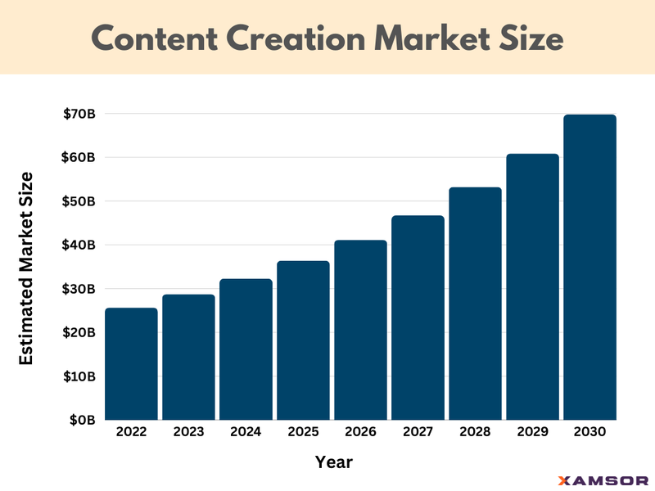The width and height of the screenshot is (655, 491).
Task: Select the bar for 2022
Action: point(131,364)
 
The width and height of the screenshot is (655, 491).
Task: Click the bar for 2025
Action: point(303,340)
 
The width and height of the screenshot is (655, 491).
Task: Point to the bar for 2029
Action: point(532,286)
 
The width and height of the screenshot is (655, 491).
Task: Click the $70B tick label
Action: point(79,114)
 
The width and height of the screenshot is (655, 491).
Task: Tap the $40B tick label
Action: point(79,245)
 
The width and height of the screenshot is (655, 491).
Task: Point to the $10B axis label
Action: point(80,376)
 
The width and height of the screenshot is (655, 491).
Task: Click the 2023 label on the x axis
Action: point(188,432)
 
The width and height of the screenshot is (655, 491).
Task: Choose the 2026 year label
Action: point(360,432)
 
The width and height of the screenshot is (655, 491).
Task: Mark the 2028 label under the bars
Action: point(475,432)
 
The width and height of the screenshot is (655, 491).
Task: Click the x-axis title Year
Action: point(334,462)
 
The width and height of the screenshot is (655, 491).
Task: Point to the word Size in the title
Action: point(529,38)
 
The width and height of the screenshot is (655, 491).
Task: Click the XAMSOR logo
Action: point(603,480)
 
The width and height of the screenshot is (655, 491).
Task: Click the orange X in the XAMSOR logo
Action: point(563,480)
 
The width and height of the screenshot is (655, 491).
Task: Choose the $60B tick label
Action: point(79,157)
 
